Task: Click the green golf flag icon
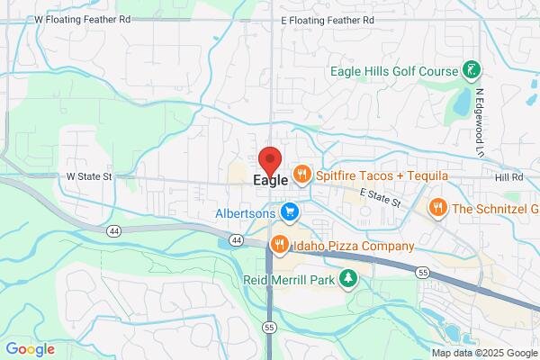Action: click(x=470, y=69)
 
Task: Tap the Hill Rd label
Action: click(x=508, y=177)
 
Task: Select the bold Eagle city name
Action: click(x=265, y=180)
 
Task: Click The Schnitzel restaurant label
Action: click(x=496, y=208)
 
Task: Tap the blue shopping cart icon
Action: click(x=289, y=212)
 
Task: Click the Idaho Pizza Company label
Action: click(x=354, y=246)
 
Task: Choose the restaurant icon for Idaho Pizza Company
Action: click(x=280, y=244)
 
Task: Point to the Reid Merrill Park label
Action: click(x=288, y=280)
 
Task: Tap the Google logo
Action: click(x=30, y=349)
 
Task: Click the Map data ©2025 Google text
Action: click(x=483, y=353)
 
